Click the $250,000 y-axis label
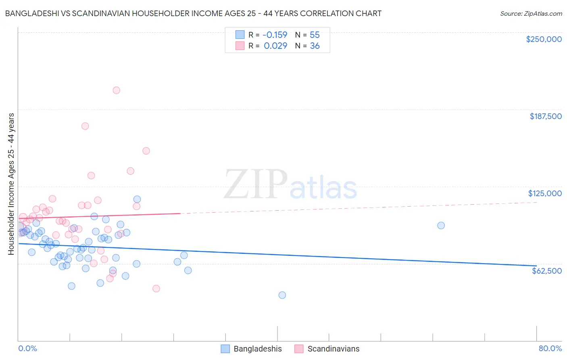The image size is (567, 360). (544, 39)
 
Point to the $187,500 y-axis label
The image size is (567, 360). (545, 116)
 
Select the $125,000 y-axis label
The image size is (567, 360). (545, 193)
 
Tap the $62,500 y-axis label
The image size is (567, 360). (546, 271)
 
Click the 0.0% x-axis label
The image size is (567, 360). (27, 348)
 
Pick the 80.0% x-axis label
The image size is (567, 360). (550, 348)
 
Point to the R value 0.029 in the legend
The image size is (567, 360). (275, 46)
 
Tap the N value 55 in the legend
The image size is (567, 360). (315, 35)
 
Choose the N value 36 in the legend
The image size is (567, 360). (315, 46)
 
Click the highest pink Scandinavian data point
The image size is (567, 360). (116, 90)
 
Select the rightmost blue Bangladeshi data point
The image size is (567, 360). (441, 226)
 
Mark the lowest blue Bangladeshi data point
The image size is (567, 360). (282, 295)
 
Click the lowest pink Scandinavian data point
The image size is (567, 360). (156, 289)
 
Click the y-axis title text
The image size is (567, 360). (11, 184)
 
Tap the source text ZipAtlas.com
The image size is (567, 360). (531, 14)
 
